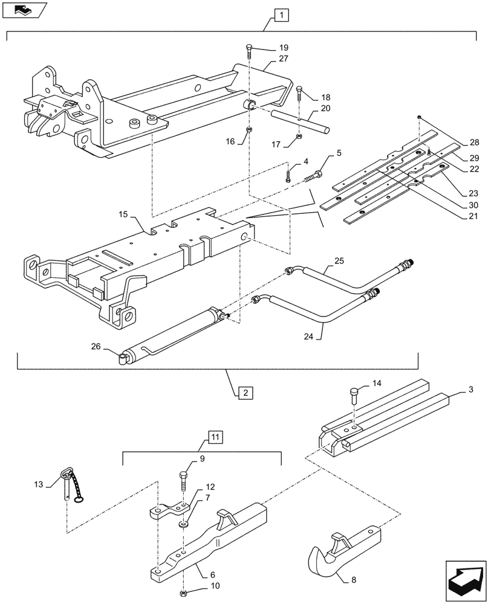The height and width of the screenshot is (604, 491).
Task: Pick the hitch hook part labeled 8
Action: tap(339, 550)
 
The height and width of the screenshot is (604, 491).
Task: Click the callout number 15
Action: tap(123, 214)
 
